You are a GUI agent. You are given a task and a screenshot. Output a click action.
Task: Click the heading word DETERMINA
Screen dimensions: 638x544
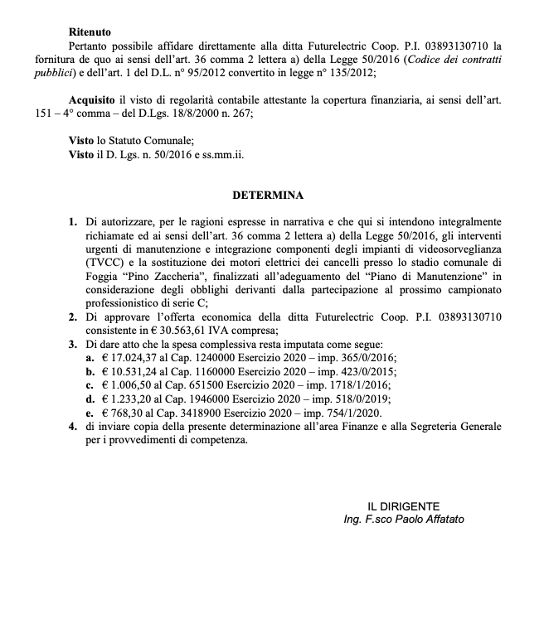[268, 196]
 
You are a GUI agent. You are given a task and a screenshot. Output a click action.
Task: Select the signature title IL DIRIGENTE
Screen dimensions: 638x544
[404, 505]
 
